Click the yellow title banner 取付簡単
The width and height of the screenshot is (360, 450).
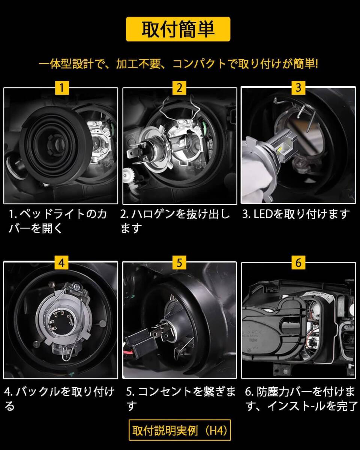(x=178, y=29)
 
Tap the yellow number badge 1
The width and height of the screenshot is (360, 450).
(x=62, y=88)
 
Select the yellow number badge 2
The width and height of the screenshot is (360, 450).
(x=180, y=88)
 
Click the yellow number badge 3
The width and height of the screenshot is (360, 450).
(x=298, y=88)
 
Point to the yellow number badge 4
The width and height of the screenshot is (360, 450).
(x=61, y=263)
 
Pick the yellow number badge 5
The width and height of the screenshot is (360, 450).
(x=180, y=263)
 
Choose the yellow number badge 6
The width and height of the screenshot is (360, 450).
(x=298, y=263)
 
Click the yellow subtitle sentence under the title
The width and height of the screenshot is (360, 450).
(x=178, y=64)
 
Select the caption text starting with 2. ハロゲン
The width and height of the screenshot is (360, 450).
(x=175, y=221)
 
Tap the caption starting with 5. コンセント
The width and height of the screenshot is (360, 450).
(x=181, y=398)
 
